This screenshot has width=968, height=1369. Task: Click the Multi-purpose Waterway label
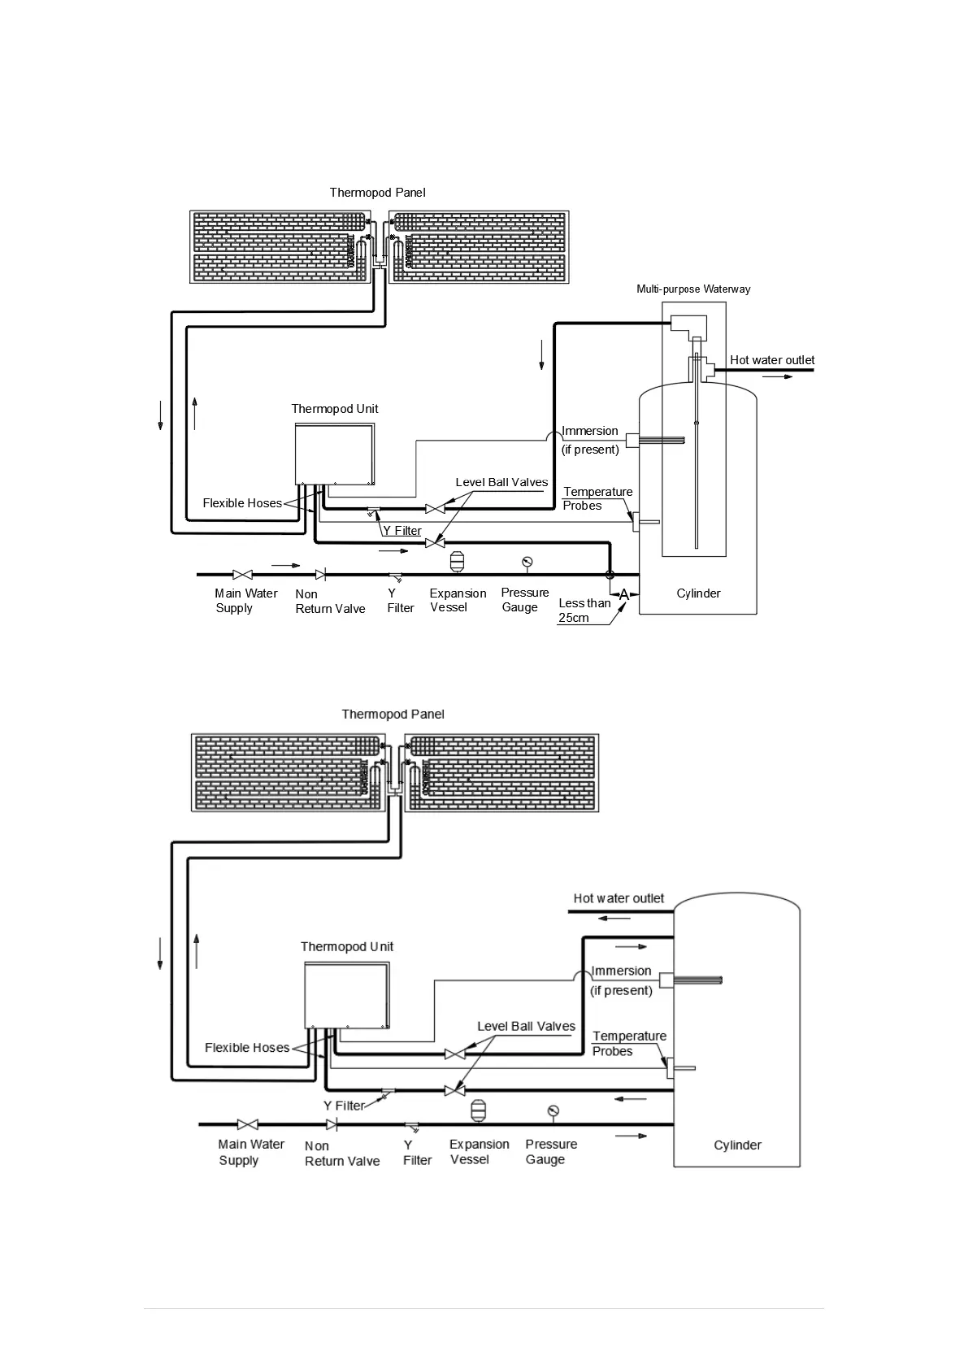(x=693, y=289)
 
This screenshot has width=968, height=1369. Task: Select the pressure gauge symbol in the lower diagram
(x=553, y=1111)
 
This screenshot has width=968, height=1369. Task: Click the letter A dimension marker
(x=624, y=595)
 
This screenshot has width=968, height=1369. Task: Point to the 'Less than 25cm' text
(x=584, y=611)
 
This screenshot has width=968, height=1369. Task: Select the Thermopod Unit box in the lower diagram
(x=347, y=995)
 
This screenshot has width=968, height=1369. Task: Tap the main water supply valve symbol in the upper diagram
(x=242, y=575)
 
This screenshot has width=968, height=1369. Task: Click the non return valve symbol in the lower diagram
(x=332, y=1124)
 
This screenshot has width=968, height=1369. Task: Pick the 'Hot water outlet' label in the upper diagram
(x=772, y=360)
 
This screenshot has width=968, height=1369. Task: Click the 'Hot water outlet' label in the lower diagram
(x=619, y=898)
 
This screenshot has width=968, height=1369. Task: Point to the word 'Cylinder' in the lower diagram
(x=737, y=1145)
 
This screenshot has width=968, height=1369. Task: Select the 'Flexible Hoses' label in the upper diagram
(x=242, y=503)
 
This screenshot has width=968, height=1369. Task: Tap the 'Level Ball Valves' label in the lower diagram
(x=526, y=1026)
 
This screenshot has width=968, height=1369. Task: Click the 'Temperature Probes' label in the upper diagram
(x=597, y=498)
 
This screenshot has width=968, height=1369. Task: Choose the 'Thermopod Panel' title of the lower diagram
(x=393, y=715)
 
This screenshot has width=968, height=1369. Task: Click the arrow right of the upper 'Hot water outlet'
(x=777, y=377)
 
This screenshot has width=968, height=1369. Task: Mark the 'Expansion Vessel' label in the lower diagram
(x=479, y=1152)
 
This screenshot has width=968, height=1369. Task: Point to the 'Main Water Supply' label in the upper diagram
(x=245, y=601)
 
